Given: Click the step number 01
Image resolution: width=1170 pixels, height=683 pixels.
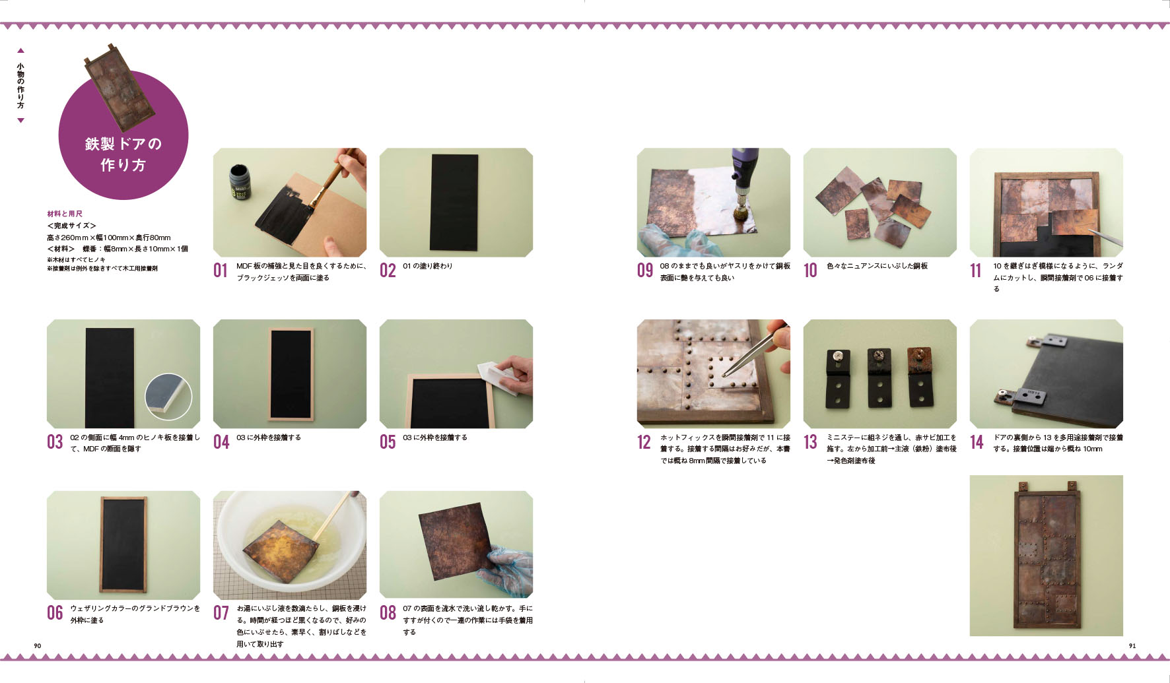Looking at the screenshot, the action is tap(221, 271).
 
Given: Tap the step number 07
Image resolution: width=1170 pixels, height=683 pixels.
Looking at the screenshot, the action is tap(221, 613).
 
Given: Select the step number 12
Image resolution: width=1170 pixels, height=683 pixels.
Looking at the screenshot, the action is tap(644, 442).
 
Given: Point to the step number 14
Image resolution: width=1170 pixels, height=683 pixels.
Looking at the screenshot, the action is tap(977, 442).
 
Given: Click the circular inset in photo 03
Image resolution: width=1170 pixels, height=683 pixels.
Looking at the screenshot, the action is tap(168, 397).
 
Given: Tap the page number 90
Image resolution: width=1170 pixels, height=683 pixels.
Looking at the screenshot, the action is tap(38, 645).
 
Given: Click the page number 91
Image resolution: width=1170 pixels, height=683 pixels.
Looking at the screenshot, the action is tap(1132, 645).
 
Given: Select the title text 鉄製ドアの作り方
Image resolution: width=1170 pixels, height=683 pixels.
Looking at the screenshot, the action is tap(123, 154).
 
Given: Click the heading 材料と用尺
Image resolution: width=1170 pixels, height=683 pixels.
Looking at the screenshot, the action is tap(65, 214).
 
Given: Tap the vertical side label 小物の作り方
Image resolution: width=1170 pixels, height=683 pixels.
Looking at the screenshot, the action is tap(20, 86).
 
